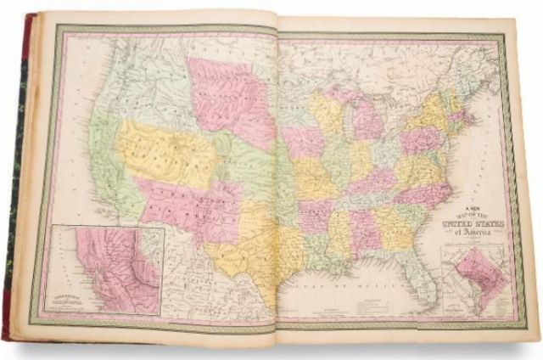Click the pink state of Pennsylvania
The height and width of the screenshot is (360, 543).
tap(415, 140)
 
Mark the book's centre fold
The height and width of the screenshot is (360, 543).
tap(276, 187)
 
